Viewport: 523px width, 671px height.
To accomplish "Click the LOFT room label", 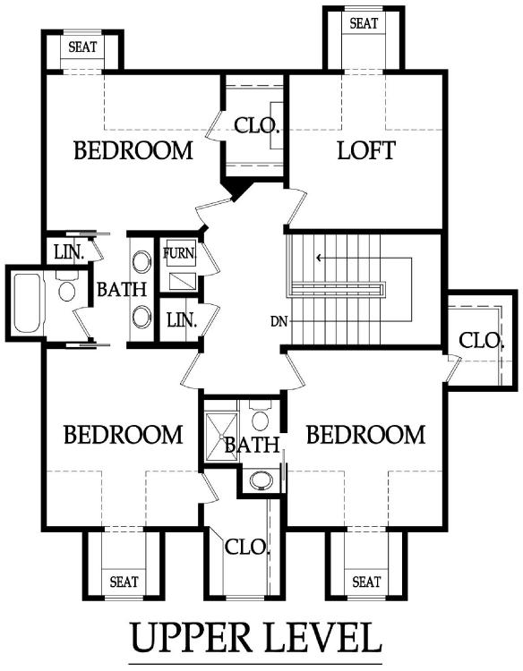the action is [366, 150].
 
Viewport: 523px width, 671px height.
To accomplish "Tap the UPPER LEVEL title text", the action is [256, 638].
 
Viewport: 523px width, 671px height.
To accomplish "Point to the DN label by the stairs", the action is [279, 321].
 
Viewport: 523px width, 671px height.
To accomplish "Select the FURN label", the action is [179, 253].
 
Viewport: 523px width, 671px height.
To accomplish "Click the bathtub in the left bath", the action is [28, 303].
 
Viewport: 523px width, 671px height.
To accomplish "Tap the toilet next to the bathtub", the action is [67, 287].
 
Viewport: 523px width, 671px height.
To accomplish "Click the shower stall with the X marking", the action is [221, 437].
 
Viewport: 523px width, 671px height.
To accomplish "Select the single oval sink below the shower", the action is [261, 480].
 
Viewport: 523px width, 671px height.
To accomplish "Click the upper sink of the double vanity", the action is [141, 262].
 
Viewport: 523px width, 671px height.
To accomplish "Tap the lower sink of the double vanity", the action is [141, 317].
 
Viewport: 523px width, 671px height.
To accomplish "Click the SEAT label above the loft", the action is [364, 23].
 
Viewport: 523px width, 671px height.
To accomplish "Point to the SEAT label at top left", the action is [82, 47].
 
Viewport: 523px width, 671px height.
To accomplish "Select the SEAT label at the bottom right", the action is [366, 582].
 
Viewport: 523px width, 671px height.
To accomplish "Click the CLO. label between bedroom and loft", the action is [256, 125].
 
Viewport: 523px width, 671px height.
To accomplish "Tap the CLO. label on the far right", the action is [481, 341].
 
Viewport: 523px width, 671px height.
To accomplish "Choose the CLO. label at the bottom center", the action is [247, 548].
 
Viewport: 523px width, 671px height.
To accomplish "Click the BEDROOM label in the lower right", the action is [365, 435].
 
